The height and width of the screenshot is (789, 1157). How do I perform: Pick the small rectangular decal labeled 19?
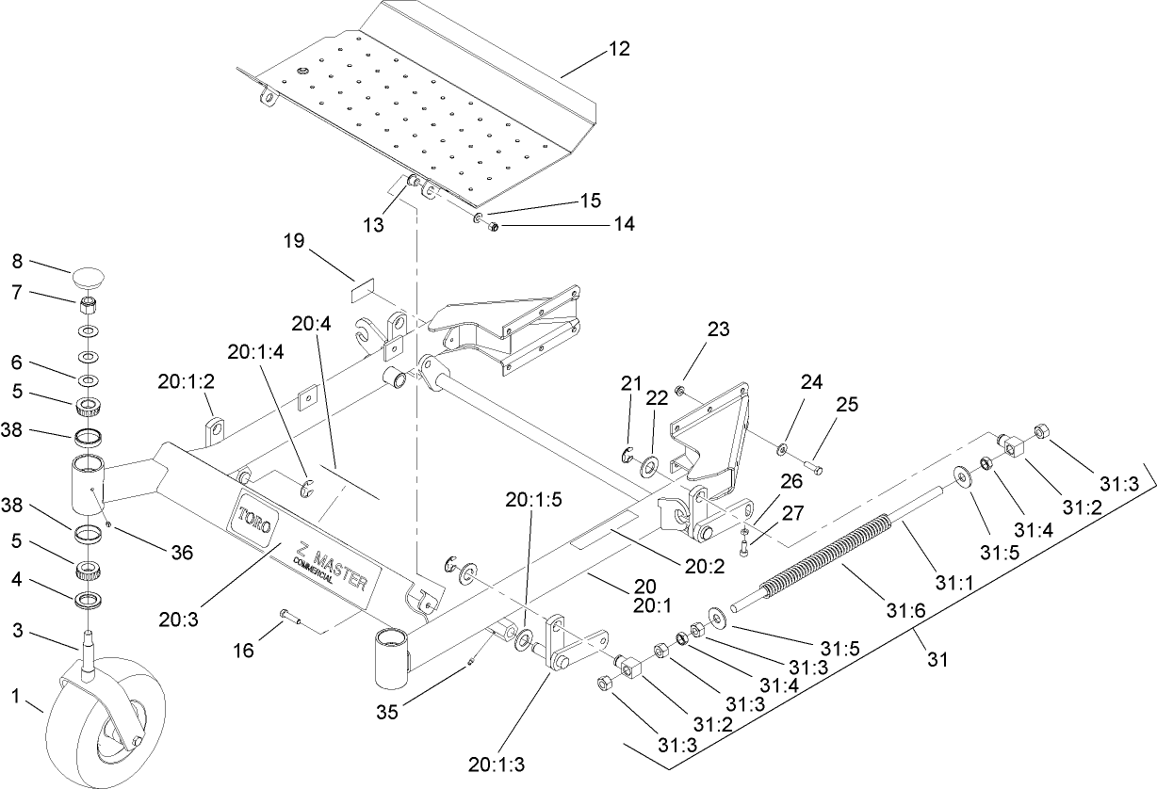(x=364, y=293)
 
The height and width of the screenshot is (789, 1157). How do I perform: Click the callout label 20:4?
(x=311, y=324)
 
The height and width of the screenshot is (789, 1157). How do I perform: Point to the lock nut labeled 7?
(x=88, y=304)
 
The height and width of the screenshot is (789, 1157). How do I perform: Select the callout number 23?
(x=719, y=330)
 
